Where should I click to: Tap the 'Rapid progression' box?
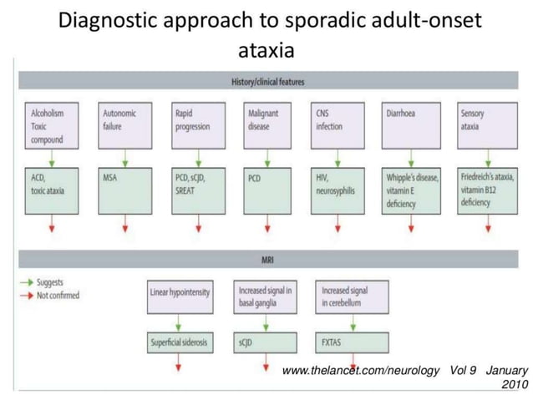click(197, 126)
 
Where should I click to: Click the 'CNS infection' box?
click(340, 126)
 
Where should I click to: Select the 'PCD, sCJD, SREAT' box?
click(197, 189)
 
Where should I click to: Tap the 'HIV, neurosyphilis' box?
click(340, 189)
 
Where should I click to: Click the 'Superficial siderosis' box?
click(180, 343)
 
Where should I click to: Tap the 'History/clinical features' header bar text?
click(267, 83)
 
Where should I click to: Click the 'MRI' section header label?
click(267, 261)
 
